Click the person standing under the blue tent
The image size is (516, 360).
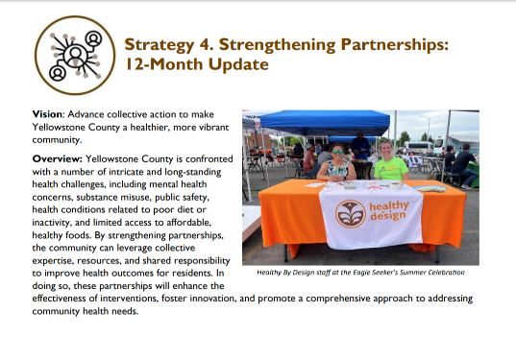coord(358,147)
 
